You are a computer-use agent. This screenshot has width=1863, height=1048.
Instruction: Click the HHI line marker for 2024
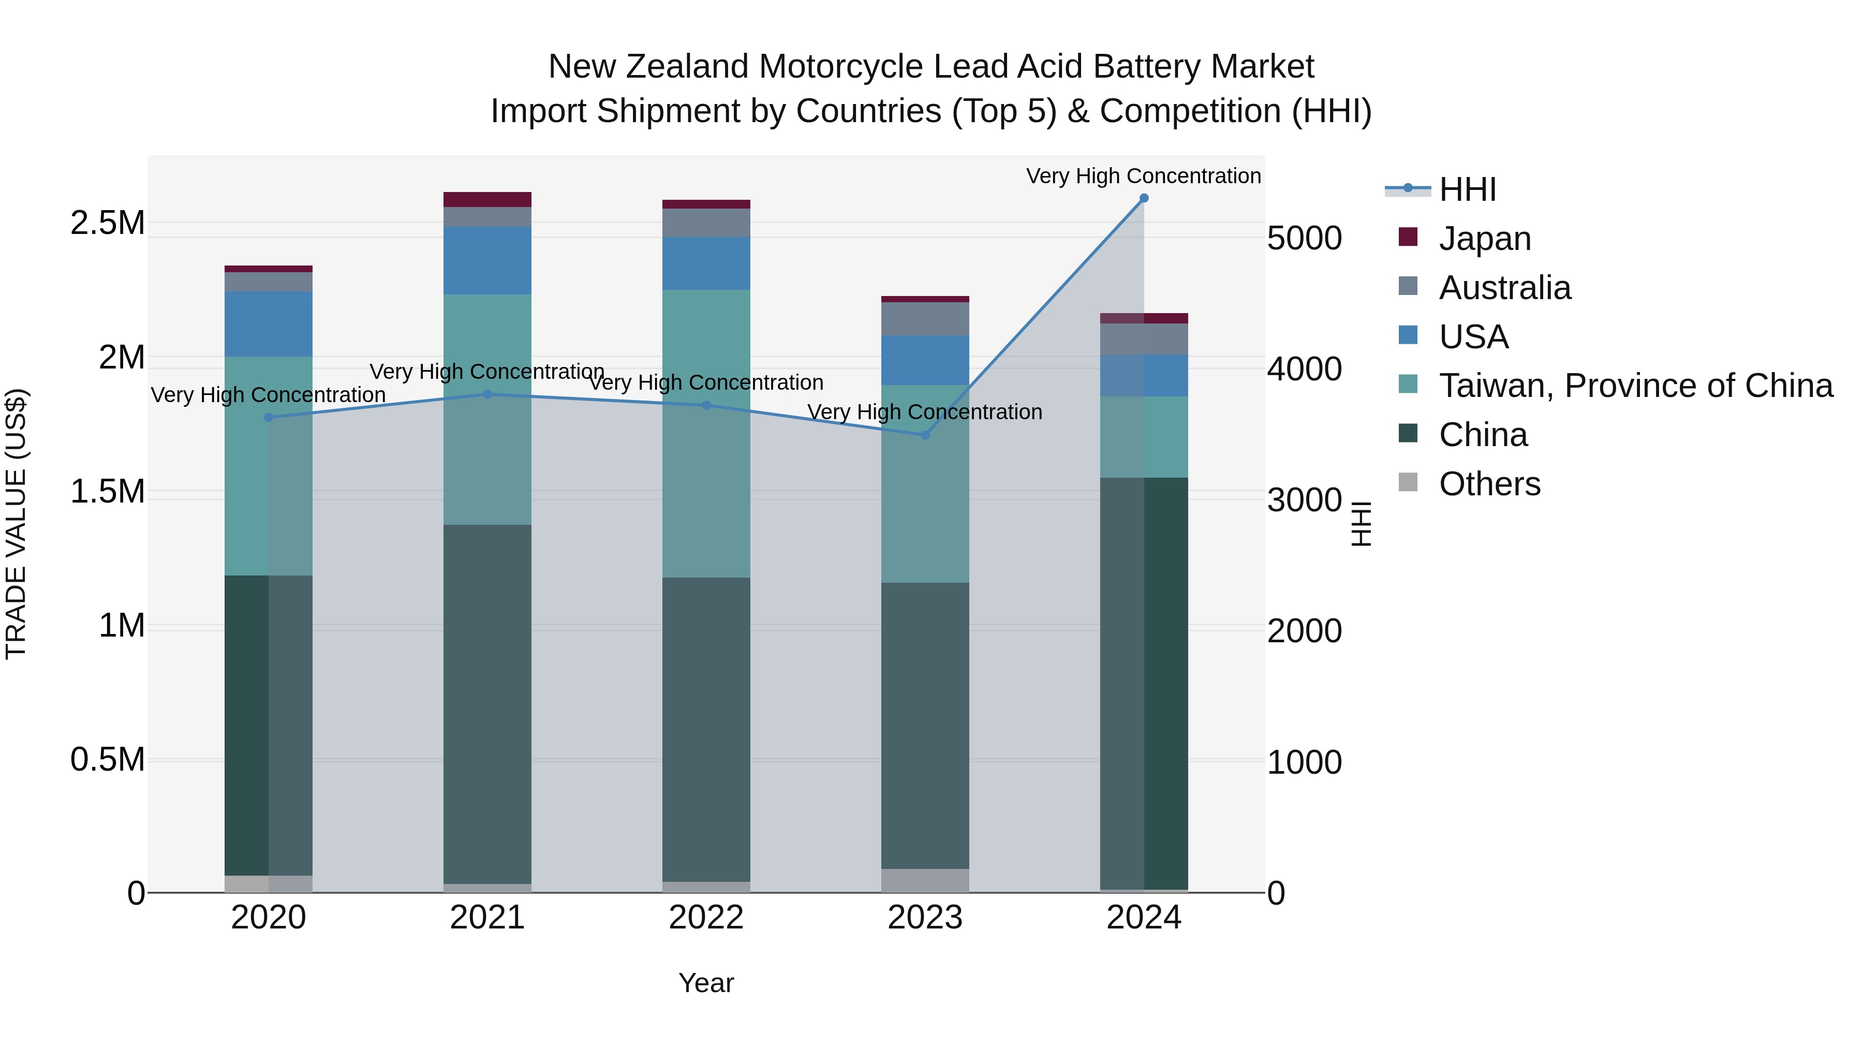click(1143, 198)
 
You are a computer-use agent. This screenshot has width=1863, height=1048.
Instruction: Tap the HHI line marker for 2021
click(487, 394)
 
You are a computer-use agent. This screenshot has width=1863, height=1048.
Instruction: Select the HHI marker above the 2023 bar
click(924, 435)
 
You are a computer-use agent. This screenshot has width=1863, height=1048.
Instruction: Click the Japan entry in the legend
click(1484, 238)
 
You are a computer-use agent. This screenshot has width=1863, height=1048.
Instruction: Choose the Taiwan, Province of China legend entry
click(1634, 386)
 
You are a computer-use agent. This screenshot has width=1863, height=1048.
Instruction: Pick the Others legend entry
click(1488, 484)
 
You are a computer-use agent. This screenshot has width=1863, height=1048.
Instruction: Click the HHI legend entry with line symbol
click(1467, 189)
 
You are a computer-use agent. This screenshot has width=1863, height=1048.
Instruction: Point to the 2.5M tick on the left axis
click(107, 223)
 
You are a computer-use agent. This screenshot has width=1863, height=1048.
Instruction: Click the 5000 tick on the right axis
click(1304, 238)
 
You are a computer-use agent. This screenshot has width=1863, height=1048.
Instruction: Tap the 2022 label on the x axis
click(706, 918)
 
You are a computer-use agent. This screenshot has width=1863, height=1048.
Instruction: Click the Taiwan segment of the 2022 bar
click(706, 434)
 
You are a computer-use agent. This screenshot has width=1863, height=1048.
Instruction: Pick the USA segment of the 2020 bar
click(268, 323)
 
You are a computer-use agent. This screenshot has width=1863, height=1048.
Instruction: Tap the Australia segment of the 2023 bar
click(924, 318)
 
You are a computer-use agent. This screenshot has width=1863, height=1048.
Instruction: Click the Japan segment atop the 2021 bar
click(487, 200)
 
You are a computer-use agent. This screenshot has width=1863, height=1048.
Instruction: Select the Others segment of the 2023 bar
click(924, 880)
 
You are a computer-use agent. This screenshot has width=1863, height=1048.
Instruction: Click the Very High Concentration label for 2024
click(1143, 176)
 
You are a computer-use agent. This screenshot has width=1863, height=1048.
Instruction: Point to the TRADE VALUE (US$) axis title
click(16, 524)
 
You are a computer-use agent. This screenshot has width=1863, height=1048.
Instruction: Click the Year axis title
click(706, 983)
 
